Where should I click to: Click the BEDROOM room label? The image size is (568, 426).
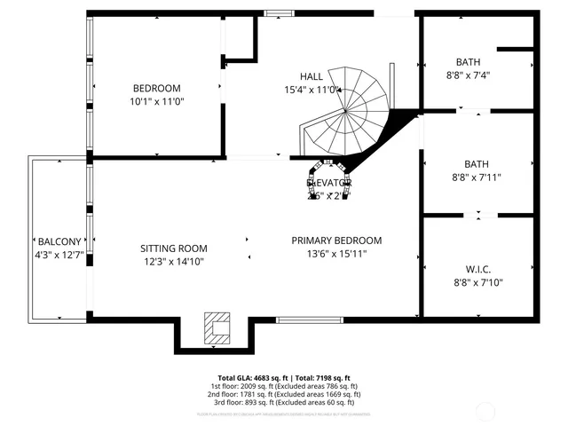(157, 88)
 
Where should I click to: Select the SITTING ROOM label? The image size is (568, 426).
(174, 248)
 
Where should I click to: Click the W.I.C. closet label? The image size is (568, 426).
(477, 269)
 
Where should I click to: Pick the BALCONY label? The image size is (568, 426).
(59, 241)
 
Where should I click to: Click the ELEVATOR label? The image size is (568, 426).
(329, 182)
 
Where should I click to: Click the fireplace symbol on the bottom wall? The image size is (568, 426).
(216, 327)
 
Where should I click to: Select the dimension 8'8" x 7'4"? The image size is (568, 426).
(468, 75)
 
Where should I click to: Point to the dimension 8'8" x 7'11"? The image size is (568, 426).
(477, 177)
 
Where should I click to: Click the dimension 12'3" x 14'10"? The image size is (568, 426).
(174, 262)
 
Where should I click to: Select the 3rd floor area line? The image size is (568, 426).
(285, 402)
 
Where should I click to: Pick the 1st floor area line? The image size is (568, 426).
(285, 386)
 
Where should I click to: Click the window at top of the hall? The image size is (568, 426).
(279, 12)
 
